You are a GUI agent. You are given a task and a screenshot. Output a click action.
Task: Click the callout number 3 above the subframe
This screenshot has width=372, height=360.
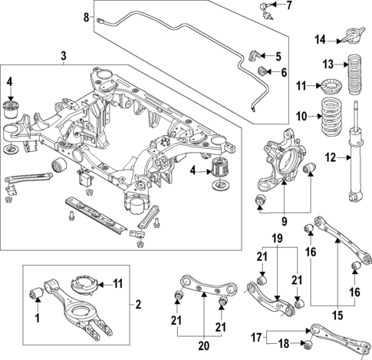(64, 55)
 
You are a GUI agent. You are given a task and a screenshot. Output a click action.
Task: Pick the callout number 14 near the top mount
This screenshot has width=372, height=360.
(321, 39)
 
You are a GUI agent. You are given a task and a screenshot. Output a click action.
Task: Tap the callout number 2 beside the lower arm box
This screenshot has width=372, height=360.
(137, 306)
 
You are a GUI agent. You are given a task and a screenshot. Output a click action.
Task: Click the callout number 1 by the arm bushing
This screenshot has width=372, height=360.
(38, 317)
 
